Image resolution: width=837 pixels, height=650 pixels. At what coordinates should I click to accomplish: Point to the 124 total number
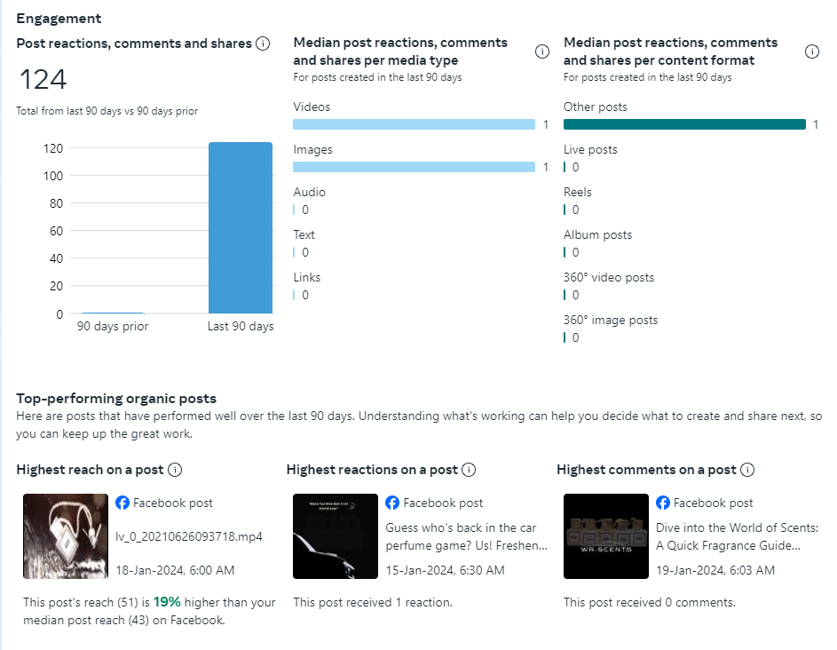43,80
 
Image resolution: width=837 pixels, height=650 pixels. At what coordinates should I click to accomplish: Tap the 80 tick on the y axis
55,203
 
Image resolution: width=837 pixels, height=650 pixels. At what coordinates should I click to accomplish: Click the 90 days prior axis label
113,327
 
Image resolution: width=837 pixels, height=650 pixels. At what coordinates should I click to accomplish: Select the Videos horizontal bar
414,124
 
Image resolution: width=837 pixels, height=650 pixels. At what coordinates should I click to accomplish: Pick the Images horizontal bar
414,167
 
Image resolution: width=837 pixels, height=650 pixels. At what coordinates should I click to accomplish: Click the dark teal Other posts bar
684,124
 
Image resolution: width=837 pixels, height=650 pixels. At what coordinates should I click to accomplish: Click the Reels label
577,192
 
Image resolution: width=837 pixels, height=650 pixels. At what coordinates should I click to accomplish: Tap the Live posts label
590,149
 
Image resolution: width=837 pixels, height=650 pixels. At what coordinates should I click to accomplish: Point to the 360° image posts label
611,320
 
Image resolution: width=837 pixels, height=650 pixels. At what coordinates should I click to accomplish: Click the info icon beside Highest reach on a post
176,470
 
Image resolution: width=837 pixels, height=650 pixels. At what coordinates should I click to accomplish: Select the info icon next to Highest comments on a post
747,470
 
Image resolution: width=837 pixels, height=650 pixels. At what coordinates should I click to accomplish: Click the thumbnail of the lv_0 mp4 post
65,536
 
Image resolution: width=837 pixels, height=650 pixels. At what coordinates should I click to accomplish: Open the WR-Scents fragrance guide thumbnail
605,536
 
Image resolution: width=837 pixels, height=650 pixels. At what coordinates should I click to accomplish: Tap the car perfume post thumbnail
335,536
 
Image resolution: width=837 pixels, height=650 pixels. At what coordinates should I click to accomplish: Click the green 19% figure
167,602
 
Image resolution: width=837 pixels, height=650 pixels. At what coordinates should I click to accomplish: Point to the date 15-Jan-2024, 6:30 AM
445,569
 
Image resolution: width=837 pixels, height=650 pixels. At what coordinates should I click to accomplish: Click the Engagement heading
59,19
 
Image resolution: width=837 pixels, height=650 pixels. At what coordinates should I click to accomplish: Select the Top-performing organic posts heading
116,399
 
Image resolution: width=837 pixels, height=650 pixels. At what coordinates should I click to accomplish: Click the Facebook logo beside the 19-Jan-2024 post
663,503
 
